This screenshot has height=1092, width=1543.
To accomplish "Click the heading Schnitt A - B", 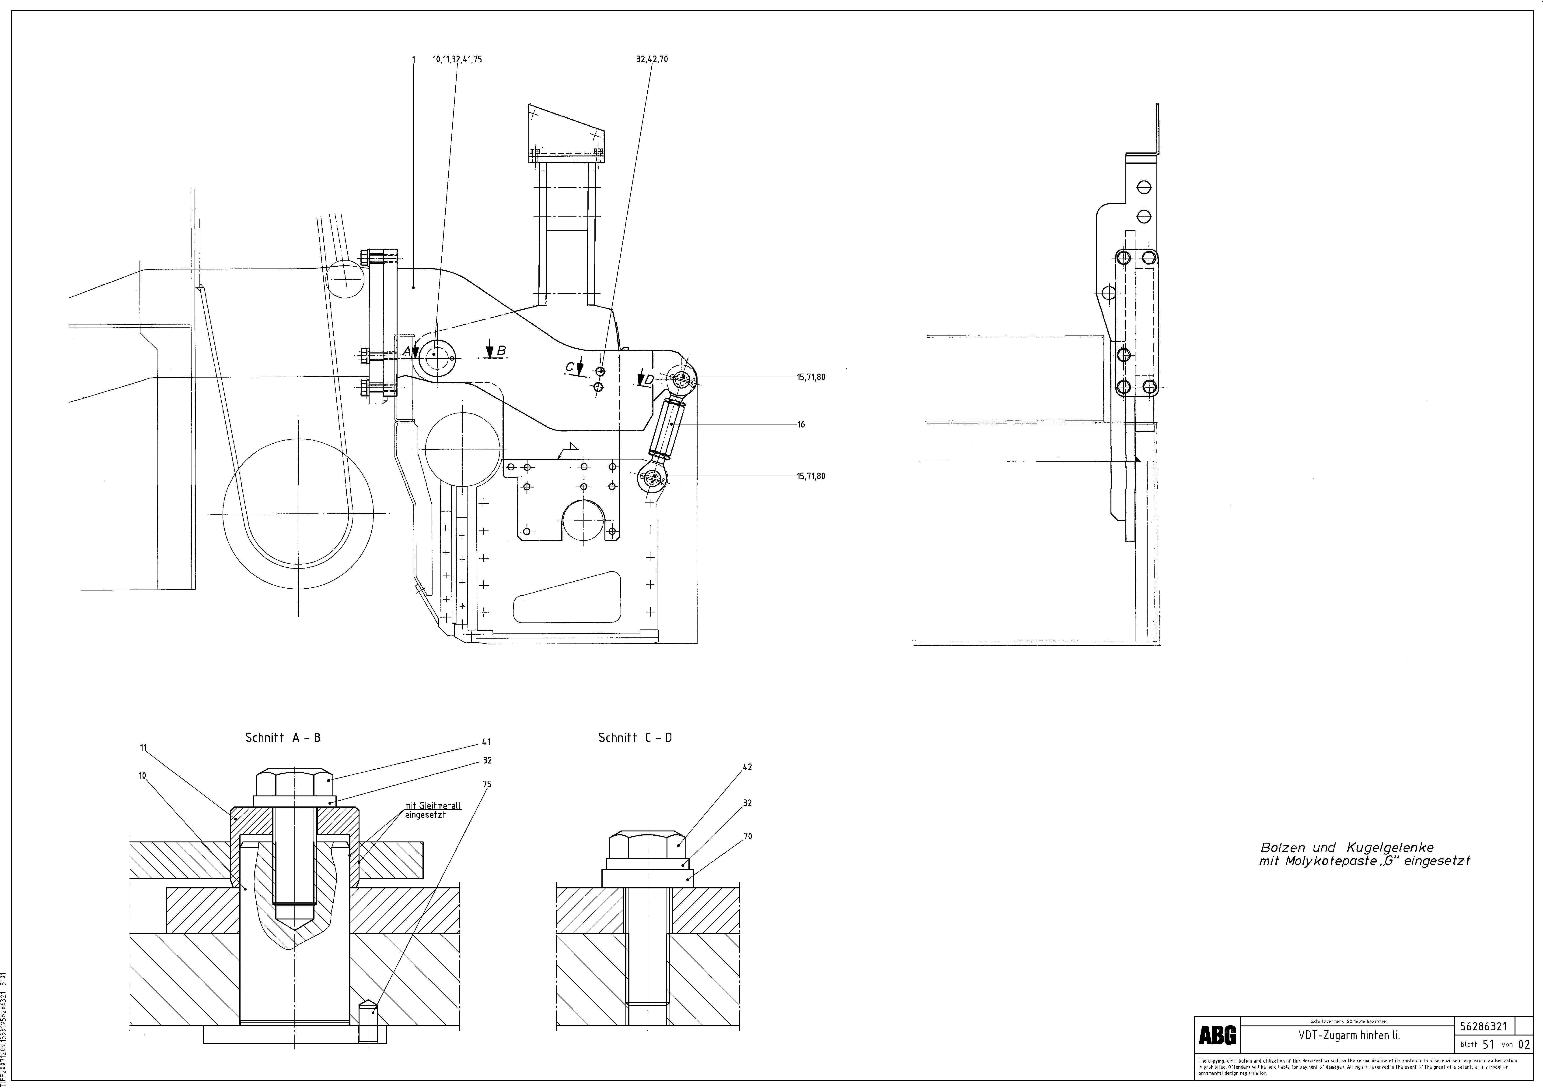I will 283,738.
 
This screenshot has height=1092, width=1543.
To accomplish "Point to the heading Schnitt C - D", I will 635,738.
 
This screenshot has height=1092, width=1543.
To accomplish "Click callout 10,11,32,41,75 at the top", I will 458,59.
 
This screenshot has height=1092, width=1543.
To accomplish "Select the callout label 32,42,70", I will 652,59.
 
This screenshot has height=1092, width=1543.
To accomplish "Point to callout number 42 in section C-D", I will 747,767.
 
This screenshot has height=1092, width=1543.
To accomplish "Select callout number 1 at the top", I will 413,59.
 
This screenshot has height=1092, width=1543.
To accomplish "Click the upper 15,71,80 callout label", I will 811,377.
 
